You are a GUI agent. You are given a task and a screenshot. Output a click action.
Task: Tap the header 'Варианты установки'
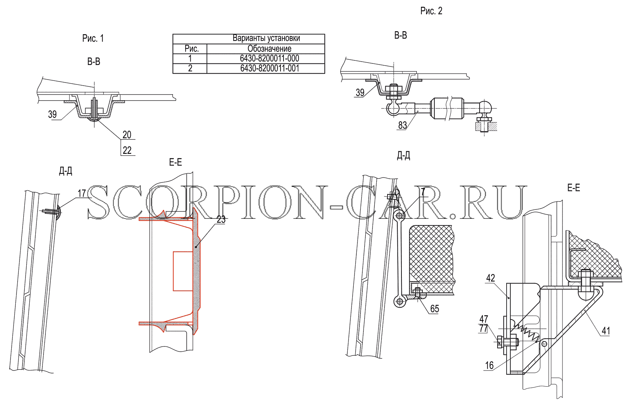click(266, 38)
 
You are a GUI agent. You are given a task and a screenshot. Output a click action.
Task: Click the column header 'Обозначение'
click(270, 49)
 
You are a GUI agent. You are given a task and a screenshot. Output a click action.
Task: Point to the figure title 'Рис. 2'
click(431, 11)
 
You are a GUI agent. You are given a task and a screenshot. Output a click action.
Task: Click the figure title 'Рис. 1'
click(93, 38)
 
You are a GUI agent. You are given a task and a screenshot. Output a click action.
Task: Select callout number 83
click(403, 125)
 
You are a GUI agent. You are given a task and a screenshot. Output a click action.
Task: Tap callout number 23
click(221, 220)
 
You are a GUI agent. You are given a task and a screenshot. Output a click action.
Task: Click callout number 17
click(82, 193)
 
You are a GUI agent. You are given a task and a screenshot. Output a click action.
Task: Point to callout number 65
click(434, 309)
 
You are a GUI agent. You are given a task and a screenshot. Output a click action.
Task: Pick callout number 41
click(606, 331)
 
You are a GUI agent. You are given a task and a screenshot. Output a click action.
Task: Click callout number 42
click(491, 278)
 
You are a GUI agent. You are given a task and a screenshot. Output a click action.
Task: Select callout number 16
click(489, 366)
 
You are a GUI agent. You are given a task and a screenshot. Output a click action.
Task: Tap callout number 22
click(127, 150)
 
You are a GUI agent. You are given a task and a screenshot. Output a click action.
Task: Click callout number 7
click(423, 192)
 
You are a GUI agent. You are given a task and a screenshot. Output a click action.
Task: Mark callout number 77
click(484, 328)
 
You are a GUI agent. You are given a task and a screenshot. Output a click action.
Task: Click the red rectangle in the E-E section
click(183, 271)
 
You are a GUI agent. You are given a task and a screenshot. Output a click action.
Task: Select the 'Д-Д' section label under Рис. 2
click(403, 156)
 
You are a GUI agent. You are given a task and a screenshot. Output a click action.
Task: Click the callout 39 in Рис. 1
click(53, 114)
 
